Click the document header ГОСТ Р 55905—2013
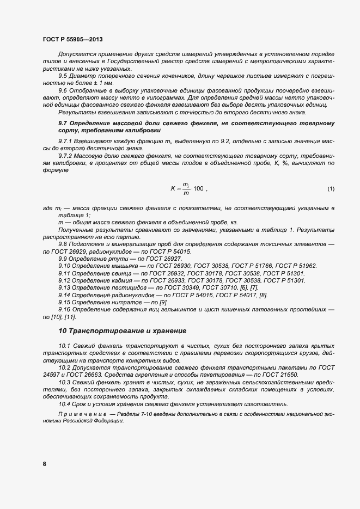pos(72,40)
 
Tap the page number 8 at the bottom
pos(44,464)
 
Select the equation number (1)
pos(331,189)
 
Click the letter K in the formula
pos(172,189)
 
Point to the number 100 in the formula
pos(198,189)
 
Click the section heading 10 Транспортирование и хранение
pos(123,331)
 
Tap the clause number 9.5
pos(63,76)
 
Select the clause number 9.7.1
pos(66,142)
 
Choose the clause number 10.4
pos(65,403)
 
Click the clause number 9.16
pos(65,309)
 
